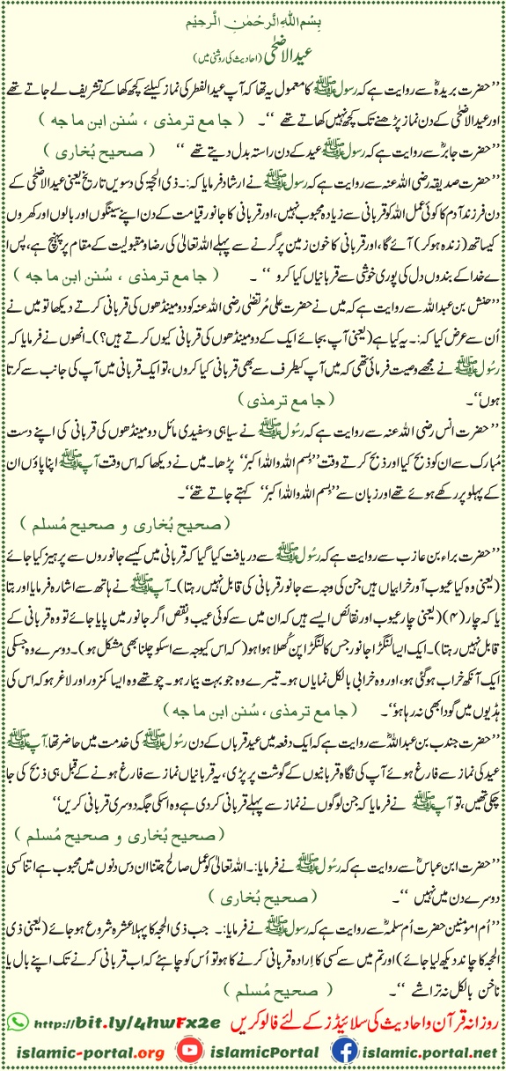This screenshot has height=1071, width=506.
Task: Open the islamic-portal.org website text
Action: coord(84,1052)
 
